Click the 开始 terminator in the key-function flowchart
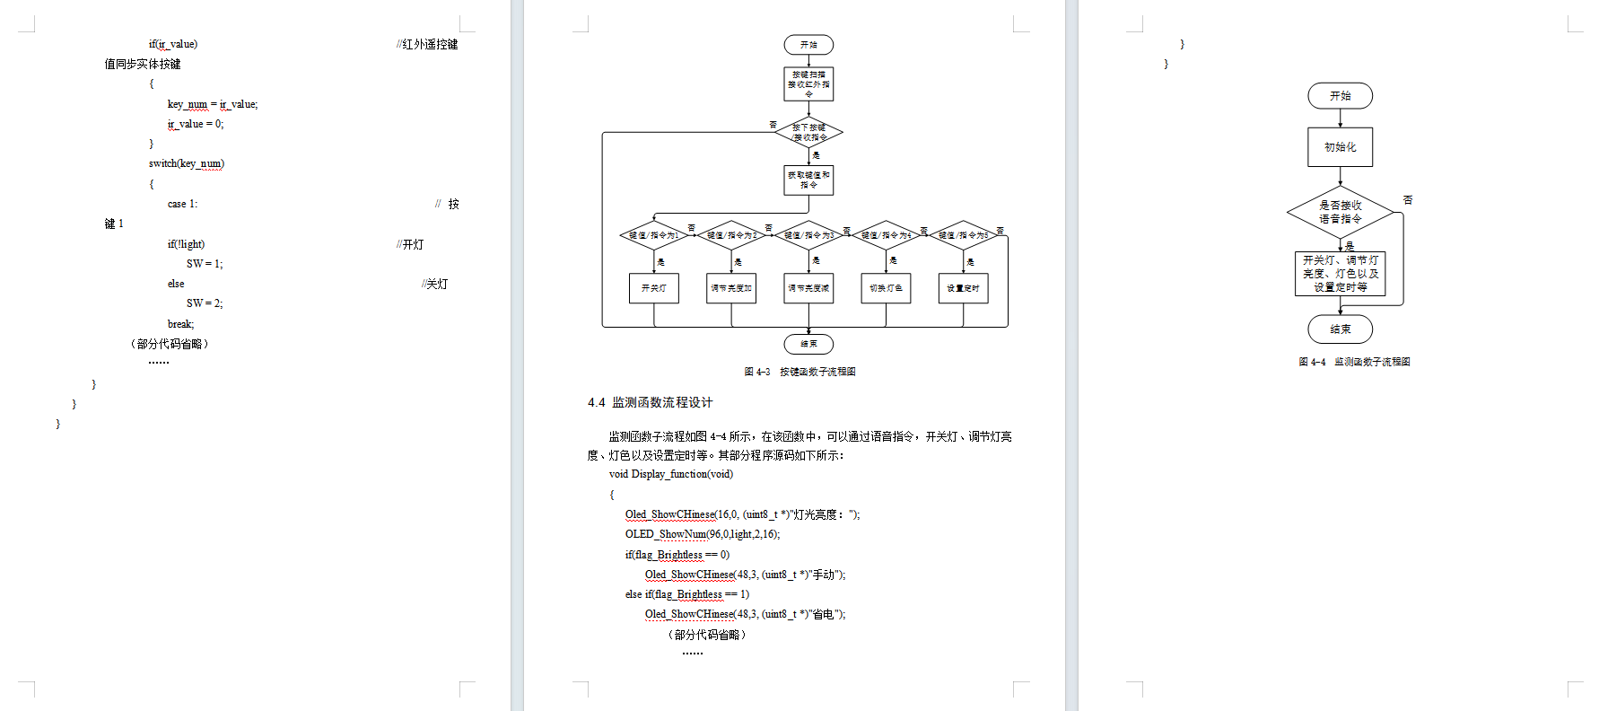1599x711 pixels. click(808, 45)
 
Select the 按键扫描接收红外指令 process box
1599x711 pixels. click(808, 84)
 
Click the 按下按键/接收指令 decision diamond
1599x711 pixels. click(808, 133)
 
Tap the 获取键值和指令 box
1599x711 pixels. click(808, 180)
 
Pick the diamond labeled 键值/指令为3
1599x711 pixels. click(808, 235)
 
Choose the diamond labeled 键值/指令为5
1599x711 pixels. click(963, 235)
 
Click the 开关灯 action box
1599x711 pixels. click(653, 288)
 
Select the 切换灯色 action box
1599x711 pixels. click(886, 288)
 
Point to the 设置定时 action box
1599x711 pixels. click(963, 288)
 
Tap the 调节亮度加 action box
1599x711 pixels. click(731, 288)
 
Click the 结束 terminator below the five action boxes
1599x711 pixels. click(808, 344)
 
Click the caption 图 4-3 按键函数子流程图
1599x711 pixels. click(799, 372)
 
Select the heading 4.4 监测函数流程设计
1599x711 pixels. click(650, 402)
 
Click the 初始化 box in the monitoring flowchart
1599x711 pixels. click(1340, 147)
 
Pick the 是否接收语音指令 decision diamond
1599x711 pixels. click(1340, 212)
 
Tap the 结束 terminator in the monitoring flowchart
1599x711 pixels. click(1340, 329)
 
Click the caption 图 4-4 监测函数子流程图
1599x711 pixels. click(1354, 362)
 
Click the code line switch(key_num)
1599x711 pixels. click(187, 163)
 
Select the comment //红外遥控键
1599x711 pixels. click(427, 44)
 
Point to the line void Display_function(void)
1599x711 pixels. click(670, 474)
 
